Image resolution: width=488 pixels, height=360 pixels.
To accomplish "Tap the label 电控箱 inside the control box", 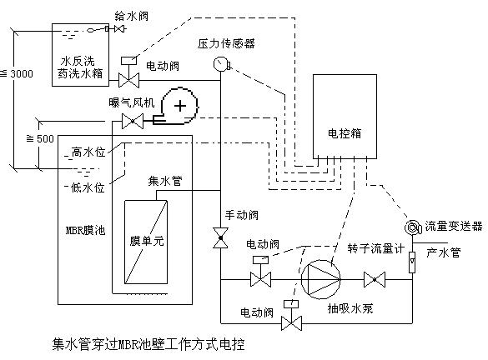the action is [x=345, y=133].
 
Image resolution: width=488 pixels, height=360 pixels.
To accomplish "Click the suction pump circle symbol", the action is [x=321, y=279].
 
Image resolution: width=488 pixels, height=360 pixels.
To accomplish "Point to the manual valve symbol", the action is [x=220, y=237].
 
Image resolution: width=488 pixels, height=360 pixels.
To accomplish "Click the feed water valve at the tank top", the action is [x=120, y=29].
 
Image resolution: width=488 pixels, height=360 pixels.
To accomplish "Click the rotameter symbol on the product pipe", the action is [x=412, y=262].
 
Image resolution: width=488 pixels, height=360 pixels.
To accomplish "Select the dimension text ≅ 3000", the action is [x=18, y=73].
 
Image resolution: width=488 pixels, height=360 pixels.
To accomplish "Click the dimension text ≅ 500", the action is [x=40, y=138].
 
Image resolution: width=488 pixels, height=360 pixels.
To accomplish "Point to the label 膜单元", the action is [x=147, y=241].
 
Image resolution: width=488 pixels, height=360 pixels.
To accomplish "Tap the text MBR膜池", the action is [x=86, y=230].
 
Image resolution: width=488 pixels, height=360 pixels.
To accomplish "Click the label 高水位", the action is [x=88, y=152].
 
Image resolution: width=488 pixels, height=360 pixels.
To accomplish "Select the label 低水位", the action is [x=88, y=187].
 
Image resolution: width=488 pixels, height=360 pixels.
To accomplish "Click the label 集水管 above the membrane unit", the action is [x=165, y=181].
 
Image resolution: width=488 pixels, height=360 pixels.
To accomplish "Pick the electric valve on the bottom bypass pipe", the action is [x=291, y=315].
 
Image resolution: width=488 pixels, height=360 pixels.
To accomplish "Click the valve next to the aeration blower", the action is [x=133, y=121].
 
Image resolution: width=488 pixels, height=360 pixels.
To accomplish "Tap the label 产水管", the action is [x=443, y=252].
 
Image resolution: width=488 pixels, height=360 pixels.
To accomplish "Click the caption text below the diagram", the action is [x=148, y=344].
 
